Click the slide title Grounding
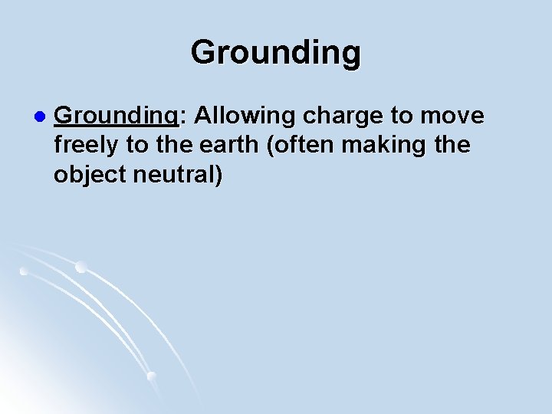pyautogui.click(x=275, y=53)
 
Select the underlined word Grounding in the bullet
pyautogui.click(x=116, y=117)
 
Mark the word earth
pyautogui.click(x=223, y=145)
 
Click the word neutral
pyautogui.click(x=177, y=175)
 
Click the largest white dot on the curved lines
pyautogui.click(x=80, y=267)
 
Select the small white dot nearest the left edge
pyautogui.click(x=24, y=271)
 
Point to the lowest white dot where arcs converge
pyautogui.click(x=152, y=376)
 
